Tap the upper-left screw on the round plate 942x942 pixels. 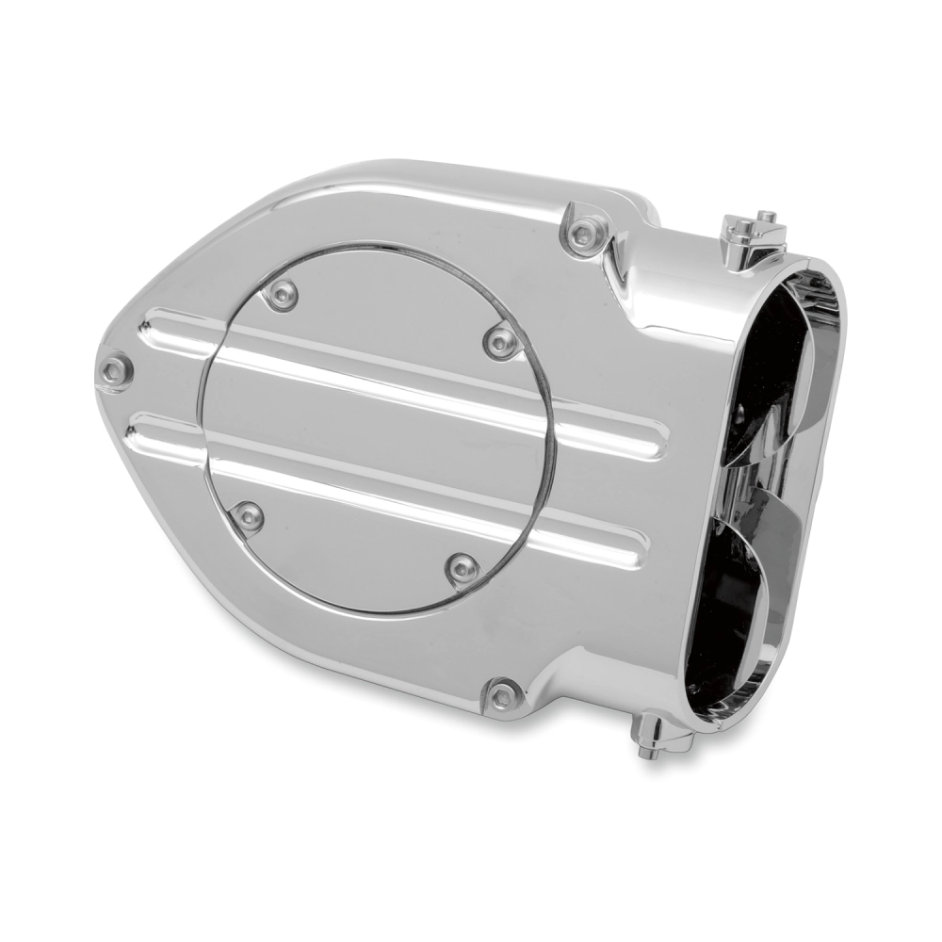tap(281, 295)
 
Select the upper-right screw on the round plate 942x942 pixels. tap(500, 340)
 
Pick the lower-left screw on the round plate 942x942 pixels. tap(249, 515)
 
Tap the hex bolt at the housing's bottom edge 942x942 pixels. tap(505, 695)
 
